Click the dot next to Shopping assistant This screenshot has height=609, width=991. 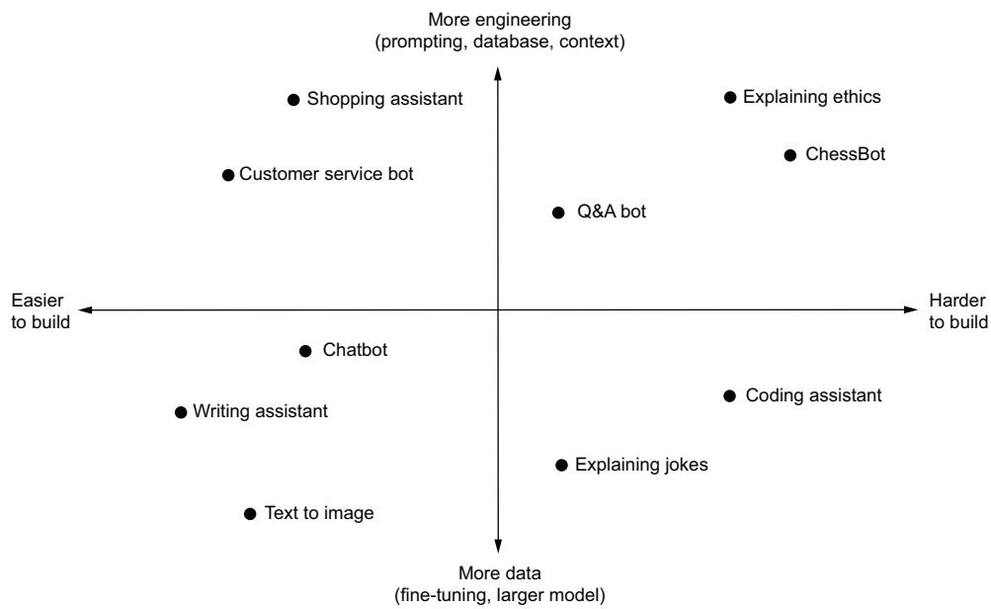(x=293, y=99)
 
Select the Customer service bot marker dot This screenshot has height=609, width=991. (x=228, y=175)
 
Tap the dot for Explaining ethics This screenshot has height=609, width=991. (x=730, y=97)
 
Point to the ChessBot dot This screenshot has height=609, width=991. (x=789, y=155)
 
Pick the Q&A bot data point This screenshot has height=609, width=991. (x=558, y=212)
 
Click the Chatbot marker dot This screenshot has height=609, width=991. (x=304, y=351)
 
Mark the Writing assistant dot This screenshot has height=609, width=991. (x=180, y=412)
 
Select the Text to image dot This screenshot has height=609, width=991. (x=250, y=513)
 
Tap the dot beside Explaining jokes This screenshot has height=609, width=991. (x=561, y=464)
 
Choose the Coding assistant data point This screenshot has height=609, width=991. (x=729, y=395)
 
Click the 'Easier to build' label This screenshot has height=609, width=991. (x=41, y=310)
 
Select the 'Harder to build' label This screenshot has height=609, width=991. (x=957, y=310)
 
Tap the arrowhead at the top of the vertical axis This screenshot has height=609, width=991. (x=498, y=70)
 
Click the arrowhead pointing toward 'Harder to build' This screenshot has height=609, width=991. (x=911, y=309)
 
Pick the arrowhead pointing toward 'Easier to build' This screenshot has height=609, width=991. (x=85, y=309)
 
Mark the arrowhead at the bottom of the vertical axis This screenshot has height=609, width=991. (x=498, y=547)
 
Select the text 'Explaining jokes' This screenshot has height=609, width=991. (x=641, y=464)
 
